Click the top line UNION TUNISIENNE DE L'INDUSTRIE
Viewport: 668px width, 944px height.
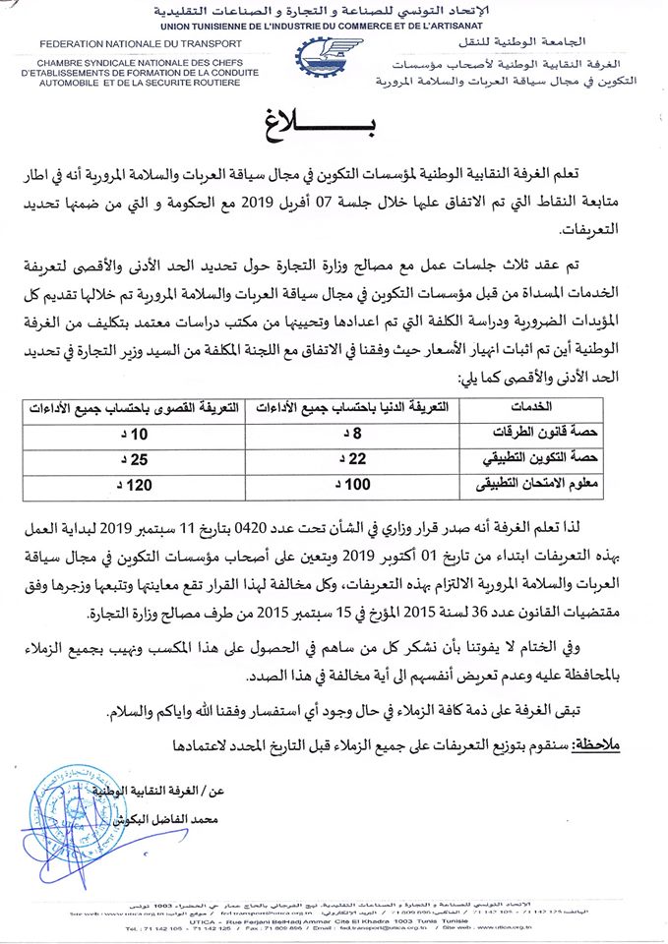pos(334,24)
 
